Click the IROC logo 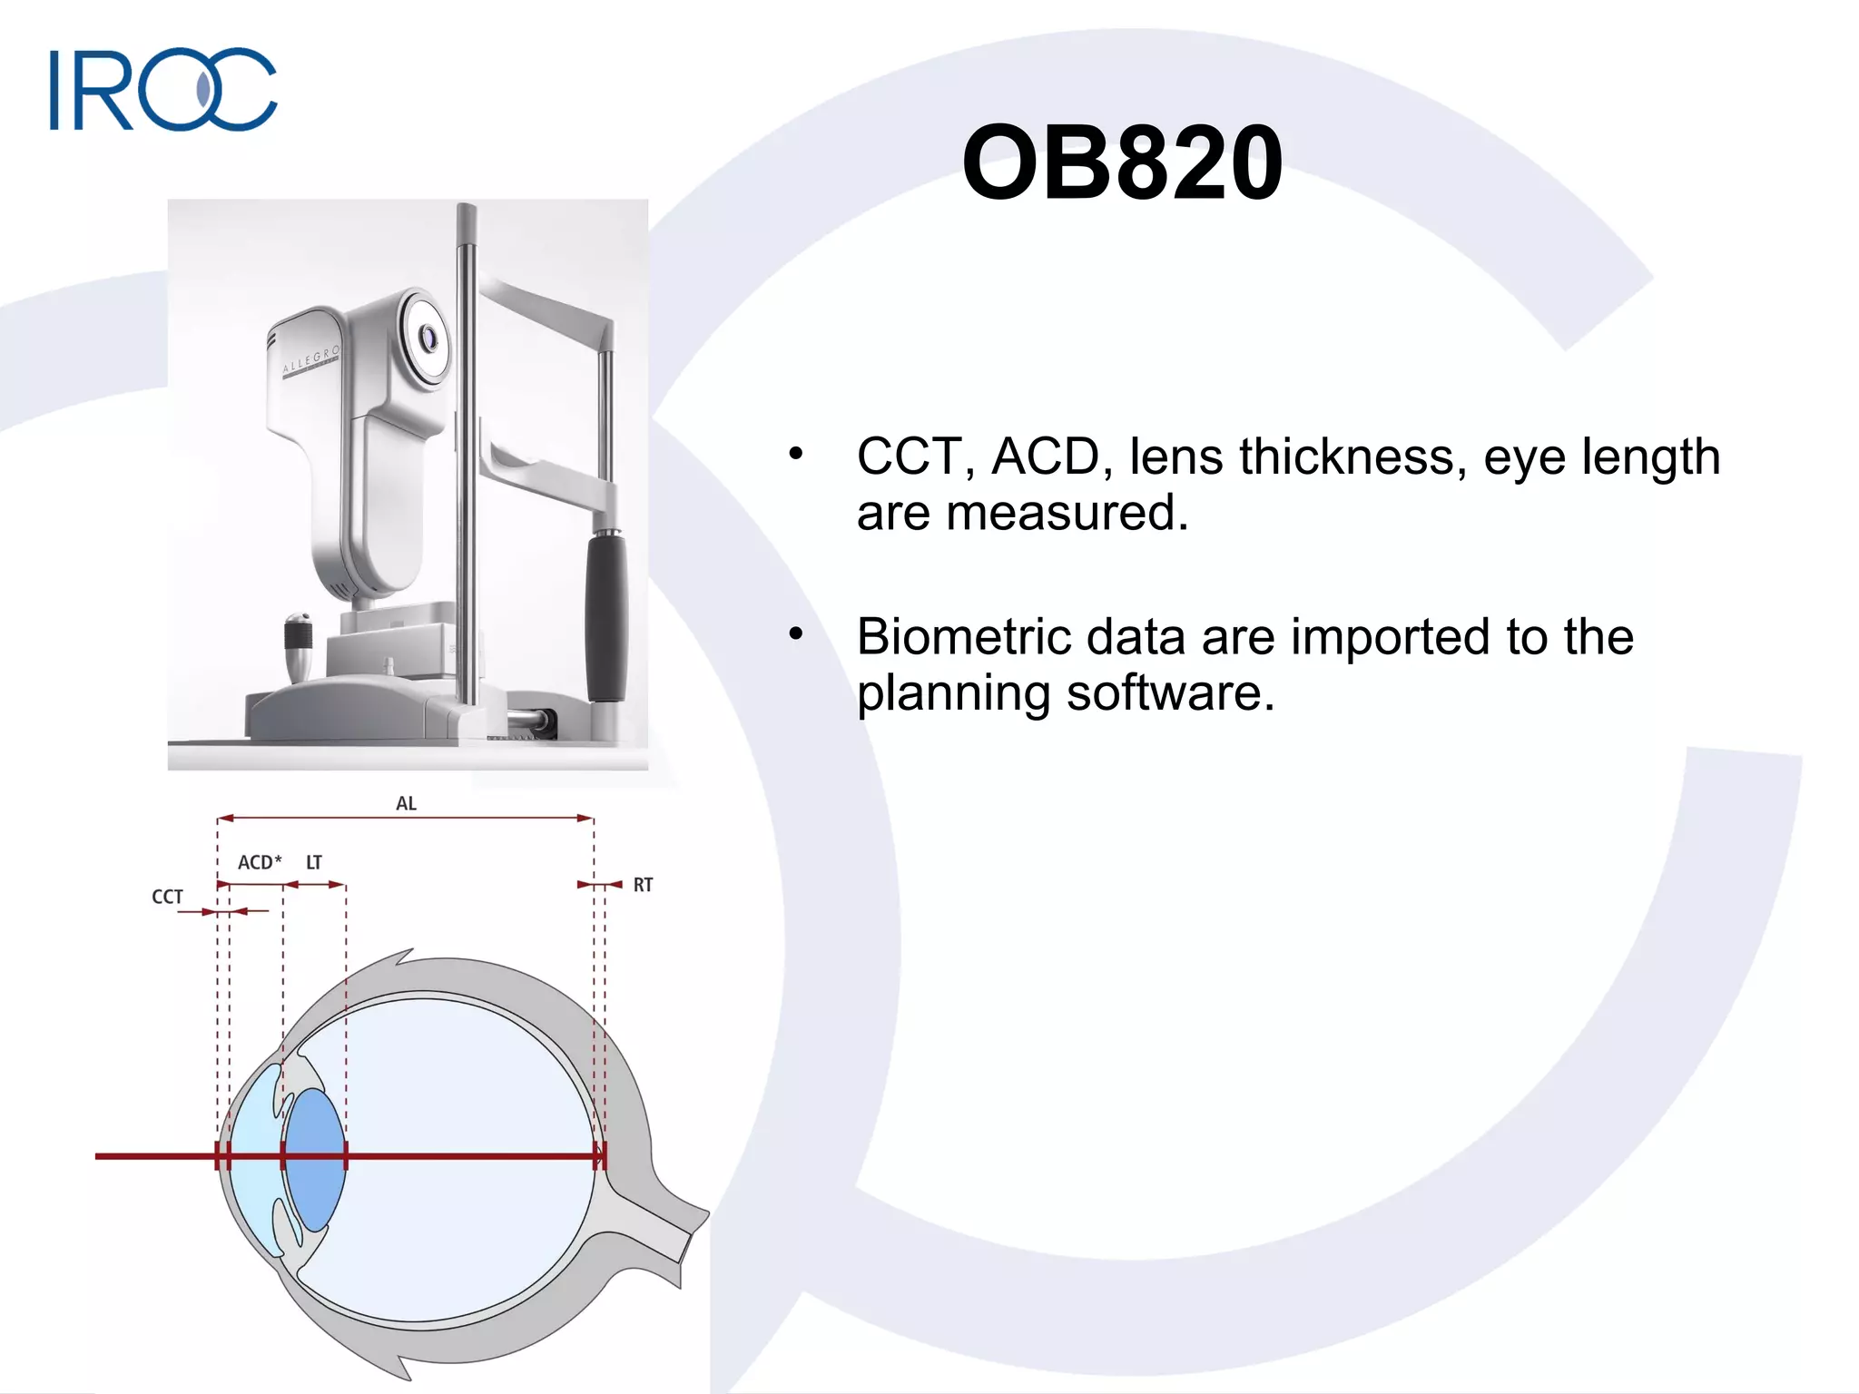coord(163,89)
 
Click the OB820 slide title coord(1122,163)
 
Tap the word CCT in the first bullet coord(909,456)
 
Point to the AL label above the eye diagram coord(406,803)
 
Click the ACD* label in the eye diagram coord(260,862)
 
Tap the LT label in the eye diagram coord(314,862)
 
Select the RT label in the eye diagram coord(643,885)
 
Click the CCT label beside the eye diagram coord(167,897)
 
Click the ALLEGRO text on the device coord(310,359)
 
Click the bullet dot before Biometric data coord(796,634)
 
